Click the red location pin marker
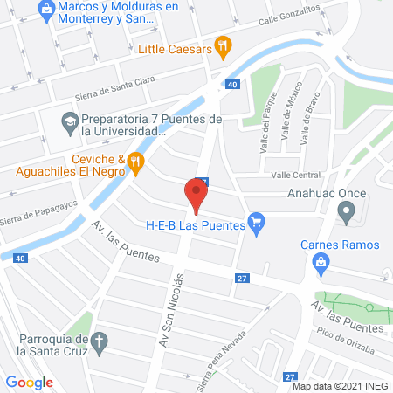(196, 196)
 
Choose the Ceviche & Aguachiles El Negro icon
(134, 160)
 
